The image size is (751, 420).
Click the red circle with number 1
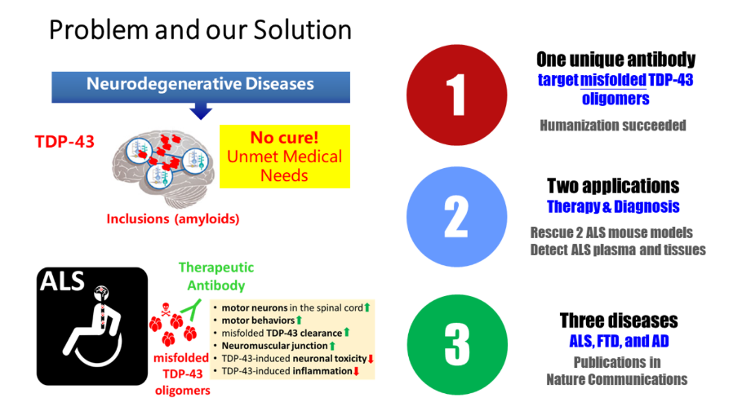click(x=456, y=95)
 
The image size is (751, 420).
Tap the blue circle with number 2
click(x=456, y=217)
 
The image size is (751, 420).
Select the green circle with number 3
click(x=457, y=344)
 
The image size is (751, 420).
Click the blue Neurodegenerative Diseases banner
click(x=201, y=86)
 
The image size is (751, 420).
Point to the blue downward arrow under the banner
click(x=201, y=111)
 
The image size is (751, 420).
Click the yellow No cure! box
click(x=285, y=157)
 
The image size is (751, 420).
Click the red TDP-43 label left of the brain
click(x=64, y=142)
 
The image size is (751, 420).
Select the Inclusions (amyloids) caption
click(x=173, y=219)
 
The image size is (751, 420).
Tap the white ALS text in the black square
click(x=62, y=281)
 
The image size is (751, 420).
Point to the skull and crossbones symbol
click(x=166, y=309)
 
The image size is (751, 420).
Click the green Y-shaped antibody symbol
click(x=193, y=310)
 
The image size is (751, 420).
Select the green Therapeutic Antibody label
click(x=216, y=276)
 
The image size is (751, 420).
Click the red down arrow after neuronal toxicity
click(x=371, y=358)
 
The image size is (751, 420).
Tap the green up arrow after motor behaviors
click(x=299, y=320)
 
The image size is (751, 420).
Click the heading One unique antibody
click(x=616, y=60)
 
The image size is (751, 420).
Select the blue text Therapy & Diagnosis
click(x=613, y=206)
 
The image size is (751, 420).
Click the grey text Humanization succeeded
click(x=613, y=126)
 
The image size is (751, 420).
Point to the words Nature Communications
click(x=617, y=379)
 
